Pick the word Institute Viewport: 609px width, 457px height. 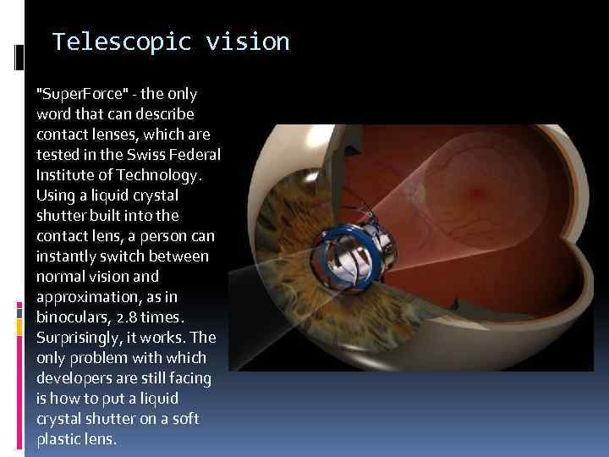[65, 174]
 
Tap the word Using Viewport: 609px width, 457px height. [54, 195]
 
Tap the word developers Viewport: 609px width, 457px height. [74, 377]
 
